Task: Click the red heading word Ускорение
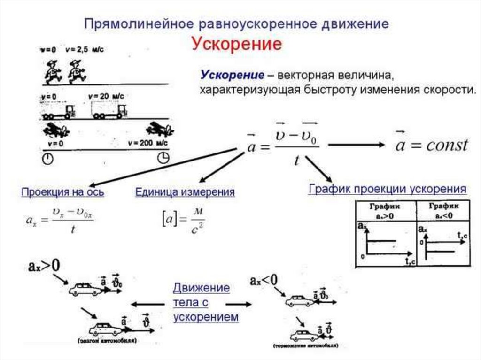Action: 237,45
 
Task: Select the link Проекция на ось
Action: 63,192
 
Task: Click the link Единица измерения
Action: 185,192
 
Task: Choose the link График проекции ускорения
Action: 388,189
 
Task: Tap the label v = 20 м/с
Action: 107,96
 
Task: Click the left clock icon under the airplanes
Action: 48,158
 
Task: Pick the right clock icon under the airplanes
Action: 163,158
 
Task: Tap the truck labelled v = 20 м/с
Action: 109,111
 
